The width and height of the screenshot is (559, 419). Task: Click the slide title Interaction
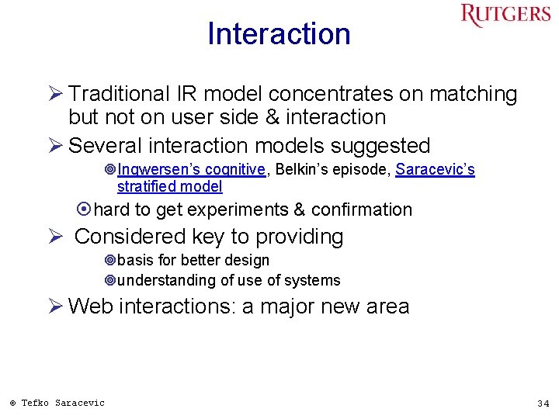pos(279,34)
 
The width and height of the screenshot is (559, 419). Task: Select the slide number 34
pos(543,403)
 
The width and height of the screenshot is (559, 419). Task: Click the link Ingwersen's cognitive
pos(192,170)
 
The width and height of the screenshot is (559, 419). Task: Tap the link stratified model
pos(169,186)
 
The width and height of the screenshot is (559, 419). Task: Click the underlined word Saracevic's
pos(435,170)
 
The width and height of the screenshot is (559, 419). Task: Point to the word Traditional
pos(117,94)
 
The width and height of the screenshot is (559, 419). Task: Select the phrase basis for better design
pos(193,260)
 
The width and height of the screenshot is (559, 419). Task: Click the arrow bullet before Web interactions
pos(55,306)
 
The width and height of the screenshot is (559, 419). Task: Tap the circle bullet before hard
pos(85,209)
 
